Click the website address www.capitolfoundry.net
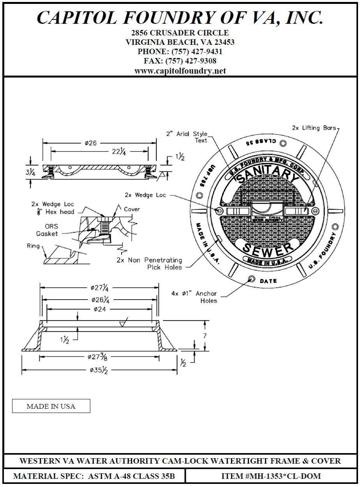[180, 71]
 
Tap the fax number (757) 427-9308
[180, 61]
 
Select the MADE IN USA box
[51, 406]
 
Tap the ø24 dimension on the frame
[99, 309]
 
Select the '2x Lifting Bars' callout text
[314, 128]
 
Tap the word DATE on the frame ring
[268, 281]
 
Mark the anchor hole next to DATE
[252, 279]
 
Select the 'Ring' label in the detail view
[33, 246]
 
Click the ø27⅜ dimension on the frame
[99, 356]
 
